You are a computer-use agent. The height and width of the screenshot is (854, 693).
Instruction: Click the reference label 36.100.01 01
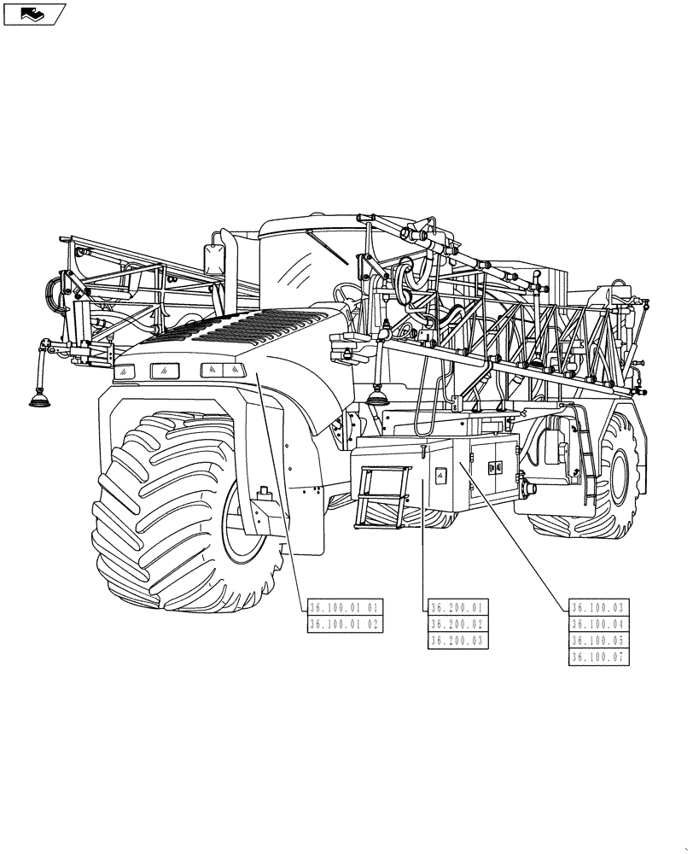[x=344, y=607]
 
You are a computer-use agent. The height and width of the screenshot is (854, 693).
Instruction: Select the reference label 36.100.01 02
[x=344, y=624]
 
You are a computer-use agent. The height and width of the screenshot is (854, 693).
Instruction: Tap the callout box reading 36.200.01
[x=457, y=607]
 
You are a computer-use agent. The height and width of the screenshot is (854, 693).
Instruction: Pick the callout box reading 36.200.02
[x=457, y=624]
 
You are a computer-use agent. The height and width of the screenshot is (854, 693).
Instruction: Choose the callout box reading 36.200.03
[x=457, y=640]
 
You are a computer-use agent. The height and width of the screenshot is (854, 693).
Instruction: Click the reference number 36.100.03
[x=597, y=607]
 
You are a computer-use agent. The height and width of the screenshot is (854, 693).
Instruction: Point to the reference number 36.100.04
[x=597, y=624]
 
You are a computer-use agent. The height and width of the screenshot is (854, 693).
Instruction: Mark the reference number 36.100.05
[x=597, y=640]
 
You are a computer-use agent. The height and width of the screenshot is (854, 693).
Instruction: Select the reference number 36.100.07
[x=597, y=658]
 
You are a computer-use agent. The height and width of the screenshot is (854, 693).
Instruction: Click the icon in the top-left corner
[x=34, y=14]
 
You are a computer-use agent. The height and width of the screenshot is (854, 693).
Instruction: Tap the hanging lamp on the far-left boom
[x=39, y=397]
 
